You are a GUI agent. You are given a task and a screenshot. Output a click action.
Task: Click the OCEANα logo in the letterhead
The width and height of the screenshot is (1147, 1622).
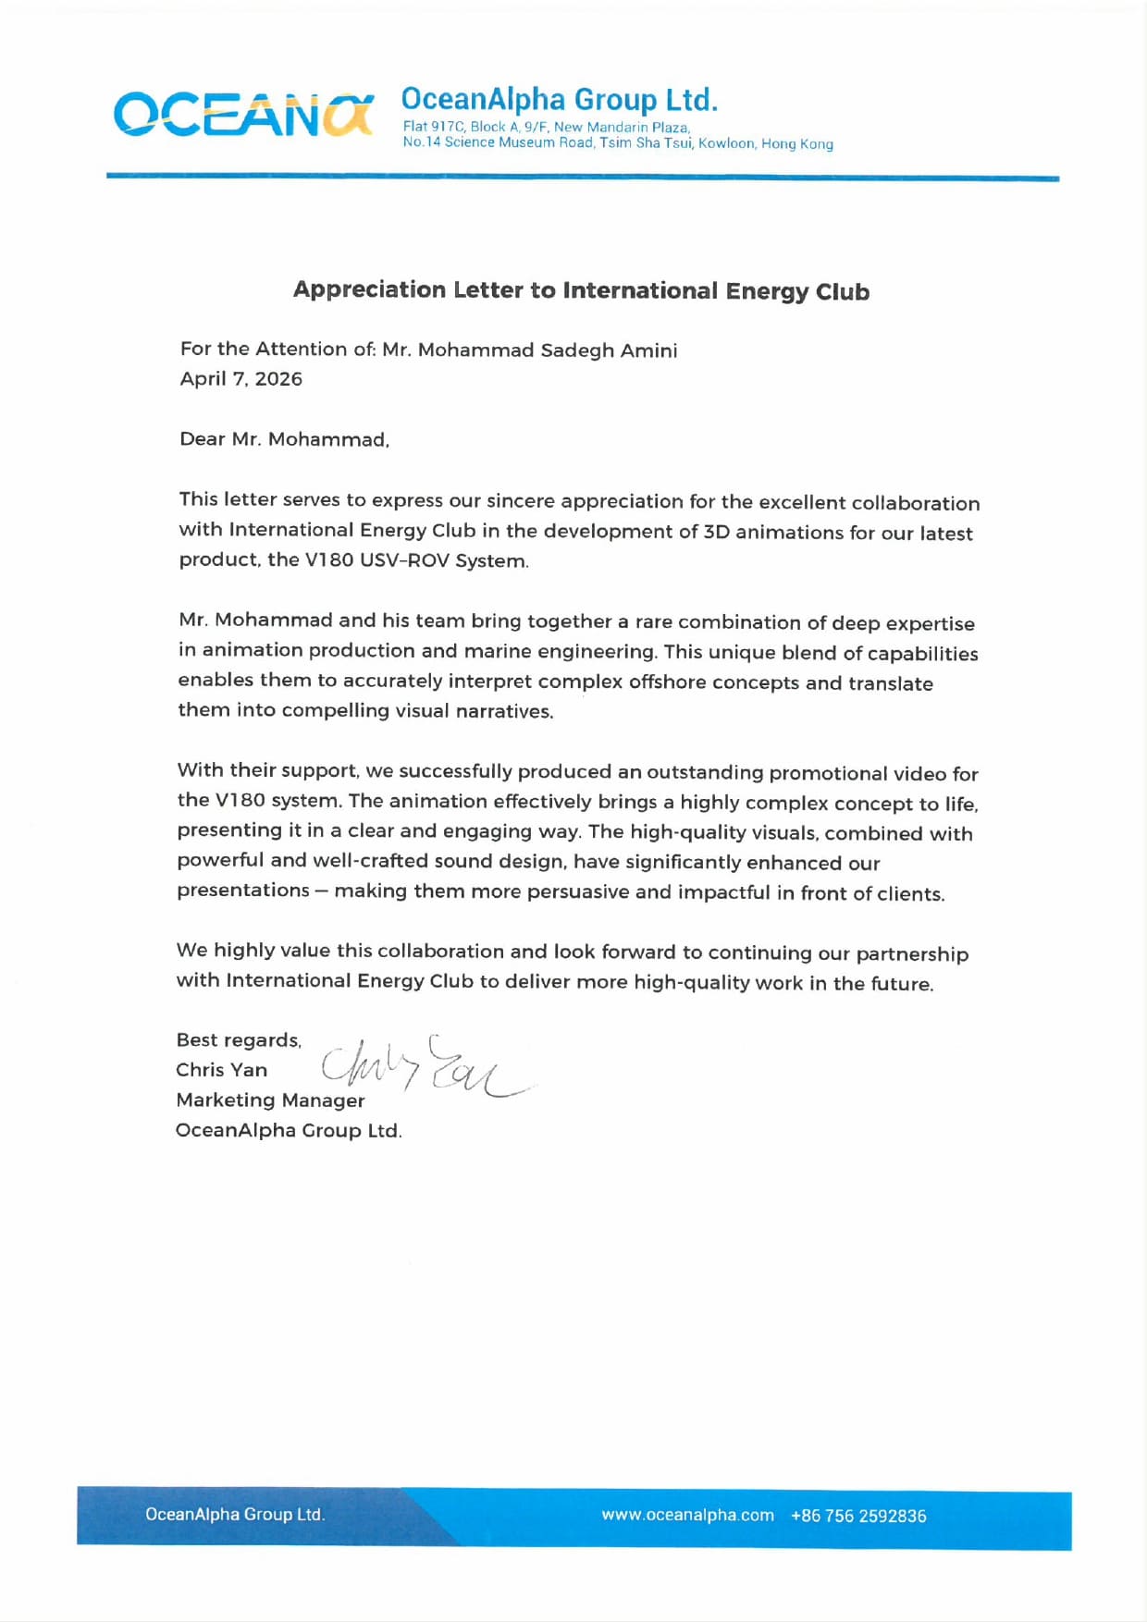(x=243, y=115)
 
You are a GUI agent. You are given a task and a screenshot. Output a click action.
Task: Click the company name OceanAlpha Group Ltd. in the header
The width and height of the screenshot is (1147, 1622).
(x=559, y=99)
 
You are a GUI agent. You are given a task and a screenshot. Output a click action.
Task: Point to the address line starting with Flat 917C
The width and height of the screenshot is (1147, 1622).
(x=546, y=127)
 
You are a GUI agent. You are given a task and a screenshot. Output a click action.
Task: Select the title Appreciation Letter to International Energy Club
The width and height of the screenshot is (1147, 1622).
(x=581, y=290)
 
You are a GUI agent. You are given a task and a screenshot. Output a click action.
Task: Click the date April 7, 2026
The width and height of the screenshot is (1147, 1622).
(x=240, y=378)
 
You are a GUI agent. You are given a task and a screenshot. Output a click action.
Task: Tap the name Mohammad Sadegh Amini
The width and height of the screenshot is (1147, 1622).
(x=548, y=350)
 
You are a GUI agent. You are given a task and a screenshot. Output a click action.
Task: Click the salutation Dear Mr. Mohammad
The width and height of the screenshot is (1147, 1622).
(x=284, y=439)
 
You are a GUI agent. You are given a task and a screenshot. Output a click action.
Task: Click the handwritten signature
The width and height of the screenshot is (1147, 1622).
(x=425, y=1068)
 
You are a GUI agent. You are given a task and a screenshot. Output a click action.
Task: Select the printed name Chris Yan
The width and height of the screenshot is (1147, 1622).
(x=221, y=1070)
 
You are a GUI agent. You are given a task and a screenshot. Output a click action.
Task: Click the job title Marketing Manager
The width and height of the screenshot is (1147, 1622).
(x=270, y=1100)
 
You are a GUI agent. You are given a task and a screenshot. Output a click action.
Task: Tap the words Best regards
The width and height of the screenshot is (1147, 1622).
(x=238, y=1040)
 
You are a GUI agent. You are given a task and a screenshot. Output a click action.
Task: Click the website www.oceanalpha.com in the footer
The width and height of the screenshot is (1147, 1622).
(x=687, y=1515)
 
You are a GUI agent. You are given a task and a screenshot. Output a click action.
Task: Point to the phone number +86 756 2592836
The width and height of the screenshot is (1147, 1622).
(x=858, y=1516)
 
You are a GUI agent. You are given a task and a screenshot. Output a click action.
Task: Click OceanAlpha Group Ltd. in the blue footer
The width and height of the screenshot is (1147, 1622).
(x=235, y=1514)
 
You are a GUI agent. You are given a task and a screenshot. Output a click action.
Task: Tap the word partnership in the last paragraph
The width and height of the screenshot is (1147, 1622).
(x=912, y=953)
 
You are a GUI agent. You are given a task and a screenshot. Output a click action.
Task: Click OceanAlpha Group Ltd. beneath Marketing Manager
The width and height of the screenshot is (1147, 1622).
(x=289, y=1130)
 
